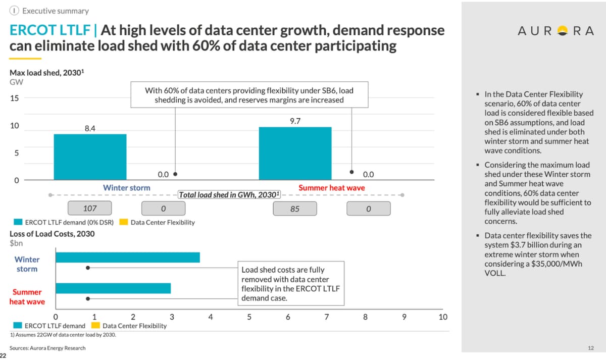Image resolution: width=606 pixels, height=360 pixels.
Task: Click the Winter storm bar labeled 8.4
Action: point(90,157)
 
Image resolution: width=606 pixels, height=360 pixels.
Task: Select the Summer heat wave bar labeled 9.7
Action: point(295,153)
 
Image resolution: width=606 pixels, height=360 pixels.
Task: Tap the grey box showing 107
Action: point(89,208)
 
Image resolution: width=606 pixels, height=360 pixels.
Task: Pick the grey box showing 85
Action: point(295,208)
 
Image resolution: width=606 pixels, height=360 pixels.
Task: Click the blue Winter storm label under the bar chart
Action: point(126,188)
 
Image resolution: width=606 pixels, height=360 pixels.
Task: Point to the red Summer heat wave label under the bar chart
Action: point(331,188)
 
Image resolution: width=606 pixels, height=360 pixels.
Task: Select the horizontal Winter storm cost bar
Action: point(127,258)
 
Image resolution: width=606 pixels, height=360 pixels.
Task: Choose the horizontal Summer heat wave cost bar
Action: point(113,288)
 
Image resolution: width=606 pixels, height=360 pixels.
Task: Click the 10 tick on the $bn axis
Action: point(443,317)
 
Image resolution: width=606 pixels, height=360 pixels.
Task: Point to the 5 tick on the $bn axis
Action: point(249,317)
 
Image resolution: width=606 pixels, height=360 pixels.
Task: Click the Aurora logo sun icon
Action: point(560,31)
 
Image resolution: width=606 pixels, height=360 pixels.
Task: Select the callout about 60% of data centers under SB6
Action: point(249,95)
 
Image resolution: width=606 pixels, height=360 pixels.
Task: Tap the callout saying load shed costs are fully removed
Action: point(291,284)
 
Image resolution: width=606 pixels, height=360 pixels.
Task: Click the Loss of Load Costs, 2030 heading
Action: point(52,234)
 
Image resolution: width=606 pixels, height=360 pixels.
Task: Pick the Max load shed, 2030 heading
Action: point(47,73)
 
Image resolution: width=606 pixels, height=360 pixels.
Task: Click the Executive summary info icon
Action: point(16,11)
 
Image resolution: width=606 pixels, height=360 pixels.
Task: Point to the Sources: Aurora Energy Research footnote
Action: point(47,348)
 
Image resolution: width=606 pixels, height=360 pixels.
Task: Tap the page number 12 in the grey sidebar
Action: point(591,348)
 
